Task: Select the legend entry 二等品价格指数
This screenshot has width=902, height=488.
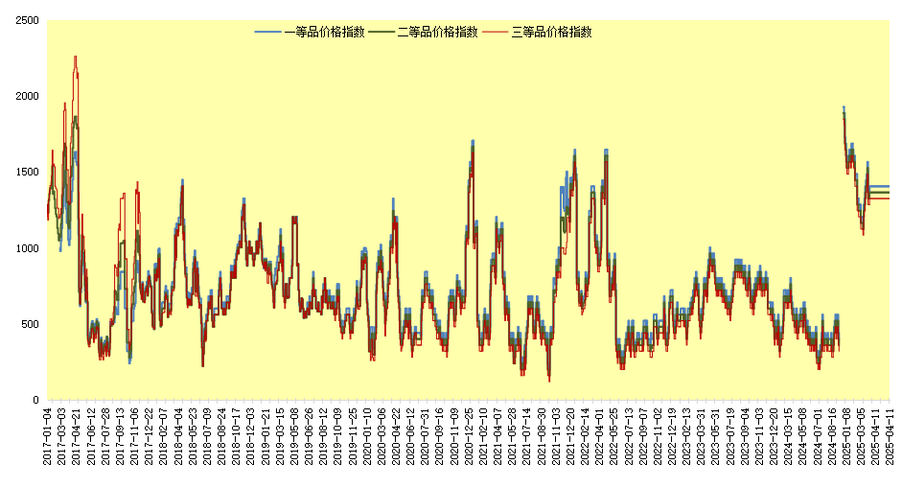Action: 437,32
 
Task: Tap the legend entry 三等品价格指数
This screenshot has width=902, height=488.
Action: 551,32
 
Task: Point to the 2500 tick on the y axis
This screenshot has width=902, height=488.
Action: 27,20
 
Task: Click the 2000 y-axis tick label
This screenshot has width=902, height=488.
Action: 27,96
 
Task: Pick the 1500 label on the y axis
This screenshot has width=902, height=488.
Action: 27,172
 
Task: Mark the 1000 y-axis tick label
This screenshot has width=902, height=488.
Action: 27,248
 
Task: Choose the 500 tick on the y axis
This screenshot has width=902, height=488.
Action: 30,324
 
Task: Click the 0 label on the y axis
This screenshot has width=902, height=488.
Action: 35,400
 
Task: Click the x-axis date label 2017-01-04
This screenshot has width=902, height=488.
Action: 47,436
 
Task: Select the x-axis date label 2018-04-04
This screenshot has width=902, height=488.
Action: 179,436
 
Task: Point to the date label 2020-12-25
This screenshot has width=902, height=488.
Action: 469,436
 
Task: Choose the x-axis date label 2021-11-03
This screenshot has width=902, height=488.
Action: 557,436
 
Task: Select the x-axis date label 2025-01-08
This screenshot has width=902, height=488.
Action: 846,436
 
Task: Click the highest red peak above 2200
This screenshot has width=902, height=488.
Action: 75,58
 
